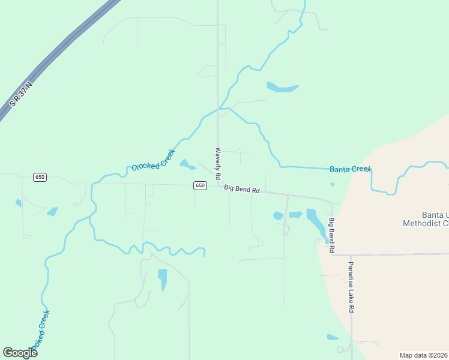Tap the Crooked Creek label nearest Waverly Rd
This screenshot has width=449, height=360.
point(153,160)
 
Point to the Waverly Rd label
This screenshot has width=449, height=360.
point(218,163)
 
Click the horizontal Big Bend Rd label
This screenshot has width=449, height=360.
point(242,190)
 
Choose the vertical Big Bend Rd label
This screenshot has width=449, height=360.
point(331,234)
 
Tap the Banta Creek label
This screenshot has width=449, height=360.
point(351,169)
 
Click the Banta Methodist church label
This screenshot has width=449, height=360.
point(426,220)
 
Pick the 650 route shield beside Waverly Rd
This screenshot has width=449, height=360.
point(200,185)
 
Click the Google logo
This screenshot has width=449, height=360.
point(20,353)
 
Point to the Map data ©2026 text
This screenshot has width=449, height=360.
point(423,355)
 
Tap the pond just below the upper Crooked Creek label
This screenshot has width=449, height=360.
point(187,164)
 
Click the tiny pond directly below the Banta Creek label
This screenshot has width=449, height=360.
point(332,184)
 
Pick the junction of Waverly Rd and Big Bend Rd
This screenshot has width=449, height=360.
point(218,185)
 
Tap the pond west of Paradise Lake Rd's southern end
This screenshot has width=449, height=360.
point(333,337)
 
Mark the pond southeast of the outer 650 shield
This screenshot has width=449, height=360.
point(53,211)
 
